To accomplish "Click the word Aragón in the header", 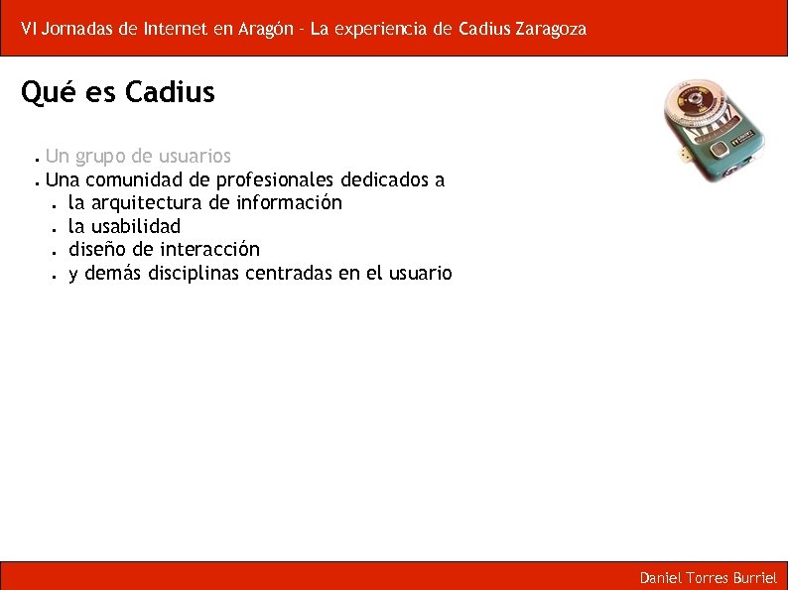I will (x=265, y=29).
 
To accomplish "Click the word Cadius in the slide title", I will (x=171, y=93).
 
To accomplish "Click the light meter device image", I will (x=715, y=130).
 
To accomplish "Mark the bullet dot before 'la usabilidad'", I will (x=50, y=228).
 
